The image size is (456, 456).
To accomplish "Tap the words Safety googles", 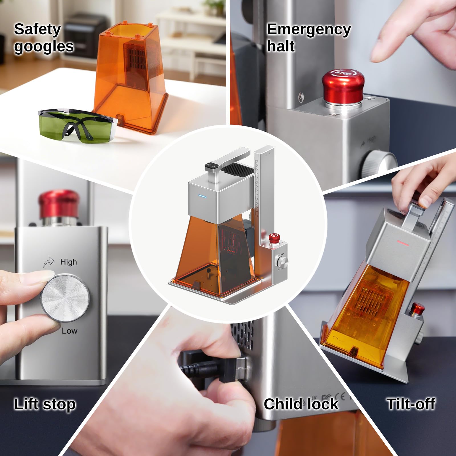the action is [x=44, y=38].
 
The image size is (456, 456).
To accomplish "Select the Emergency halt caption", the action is [x=309, y=38].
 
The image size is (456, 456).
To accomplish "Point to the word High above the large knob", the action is [x=68, y=262].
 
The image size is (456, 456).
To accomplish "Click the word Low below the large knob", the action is [x=70, y=331].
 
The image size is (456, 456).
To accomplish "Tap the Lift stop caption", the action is [x=45, y=404].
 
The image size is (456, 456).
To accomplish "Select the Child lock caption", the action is [x=301, y=404].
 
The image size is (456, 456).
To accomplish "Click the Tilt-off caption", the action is [x=411, y=404].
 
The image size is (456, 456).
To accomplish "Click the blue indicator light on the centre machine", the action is [x=202, y=196].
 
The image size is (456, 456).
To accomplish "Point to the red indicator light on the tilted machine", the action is [x=402, y=243].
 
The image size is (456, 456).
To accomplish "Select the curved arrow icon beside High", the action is [x=49, y=262].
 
